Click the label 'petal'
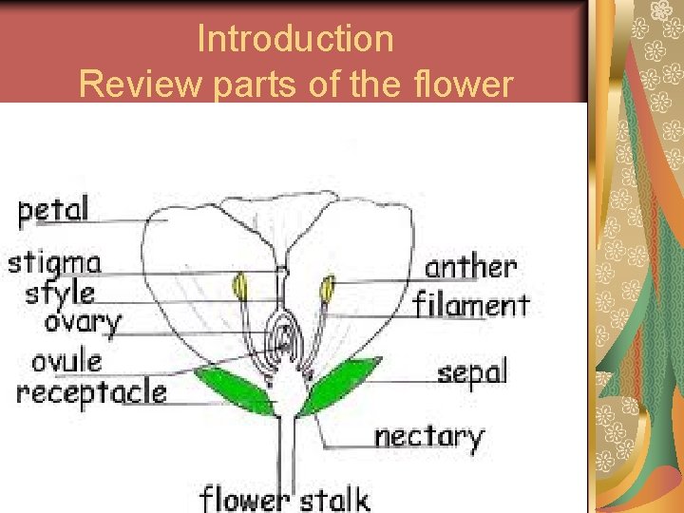coord(54,210)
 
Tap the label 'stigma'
coord(54,261)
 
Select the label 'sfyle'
coord(61,291)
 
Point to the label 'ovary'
coord(83,323)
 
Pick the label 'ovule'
coord(66,361)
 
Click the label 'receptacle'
coord(91,391)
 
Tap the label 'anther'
coord(470,267)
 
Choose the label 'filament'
coord(471,305)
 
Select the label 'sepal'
coord(472,372)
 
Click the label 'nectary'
coord(428,437)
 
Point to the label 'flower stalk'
coord(284,499)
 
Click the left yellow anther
coord(241,286)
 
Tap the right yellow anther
coord(328,287)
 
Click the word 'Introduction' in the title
coord(294,39)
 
